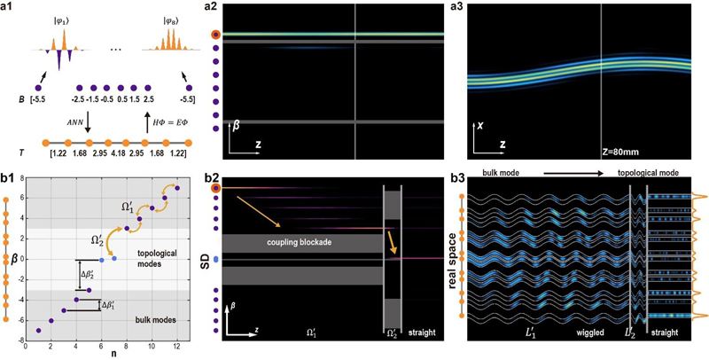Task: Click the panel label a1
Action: click(12, 8)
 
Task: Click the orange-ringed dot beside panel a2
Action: click(206, 35)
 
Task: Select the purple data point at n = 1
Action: click(38, 330)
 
